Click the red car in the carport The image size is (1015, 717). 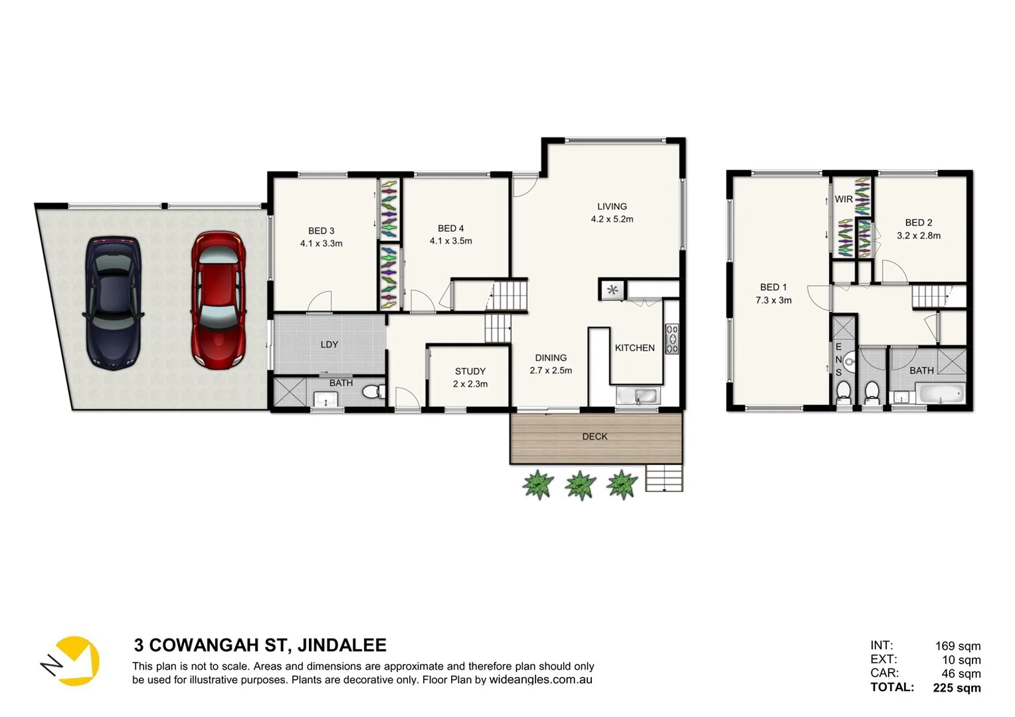219,300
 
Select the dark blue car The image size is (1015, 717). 113,303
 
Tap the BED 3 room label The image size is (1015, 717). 321,231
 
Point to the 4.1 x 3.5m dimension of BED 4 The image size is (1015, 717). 450,241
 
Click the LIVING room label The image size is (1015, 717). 612,206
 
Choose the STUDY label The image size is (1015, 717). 470,371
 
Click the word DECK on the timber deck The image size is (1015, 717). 595,437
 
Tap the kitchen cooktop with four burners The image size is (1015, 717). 672,339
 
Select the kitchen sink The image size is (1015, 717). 638,396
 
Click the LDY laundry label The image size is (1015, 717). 329,345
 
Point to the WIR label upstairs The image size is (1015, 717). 844,199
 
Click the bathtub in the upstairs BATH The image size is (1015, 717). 939,394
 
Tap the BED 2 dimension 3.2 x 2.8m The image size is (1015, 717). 919,236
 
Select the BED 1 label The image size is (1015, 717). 773,287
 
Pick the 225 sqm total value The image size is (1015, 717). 957,688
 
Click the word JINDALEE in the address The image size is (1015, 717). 342,645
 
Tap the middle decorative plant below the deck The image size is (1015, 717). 581,485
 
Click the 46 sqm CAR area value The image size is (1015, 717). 961,674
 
